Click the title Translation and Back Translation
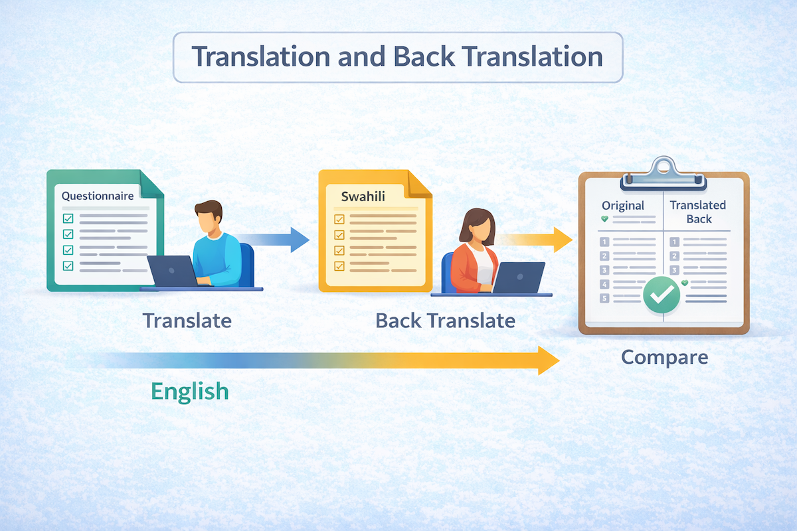pyautogui.click(x=397, y=56)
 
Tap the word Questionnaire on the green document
pyautogui.click(x=98, y=196)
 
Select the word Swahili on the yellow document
pyautogui.click(x=363, y=196)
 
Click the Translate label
pyautogui.click(x=187, y=321)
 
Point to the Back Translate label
pyautogui.click(x=446, y=321)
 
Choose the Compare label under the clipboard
pyautogui.click(x=665, y=358)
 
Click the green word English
pyautogui.click(x=190, y=392)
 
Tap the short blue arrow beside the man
pyautogui.click(x=272, y=240)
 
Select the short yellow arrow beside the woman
pyautogui.click(x=535, y=240)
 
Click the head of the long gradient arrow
pyautogui.click(x=549, y=360)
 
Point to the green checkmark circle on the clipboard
pyautogui.click(x=662, y=295)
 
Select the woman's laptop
pyautogui.click(x=518, y=277)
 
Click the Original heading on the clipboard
pyautogui.click(x=623, y=206)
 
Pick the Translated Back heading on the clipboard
pyautogui.click(x=698, y=212)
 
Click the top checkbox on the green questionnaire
pyautogui.click(x=68, y=218)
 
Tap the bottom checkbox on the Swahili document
pyautogui.click(x=339, y=266)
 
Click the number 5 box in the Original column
pyautogui.click(x=604, y=298)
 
